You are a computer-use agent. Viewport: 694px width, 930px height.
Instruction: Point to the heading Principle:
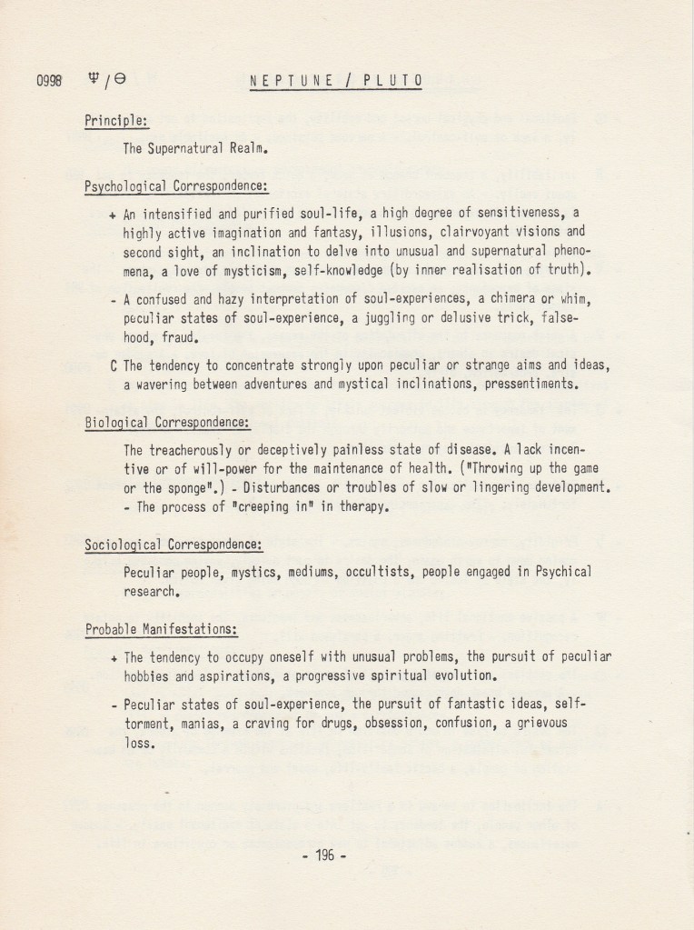pos(117,120)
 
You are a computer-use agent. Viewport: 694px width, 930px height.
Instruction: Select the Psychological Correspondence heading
pos(176,186)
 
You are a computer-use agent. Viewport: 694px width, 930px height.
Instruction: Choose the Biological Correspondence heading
pos(167,424)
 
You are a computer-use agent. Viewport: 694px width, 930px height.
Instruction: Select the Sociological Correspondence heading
pos(173,545)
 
